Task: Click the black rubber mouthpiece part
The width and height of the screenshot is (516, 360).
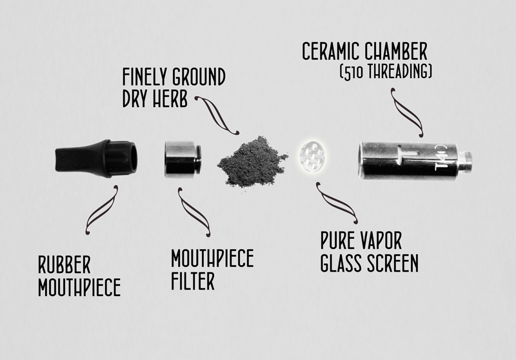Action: (96, 159)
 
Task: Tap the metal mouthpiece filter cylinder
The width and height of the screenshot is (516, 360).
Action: (183, 159)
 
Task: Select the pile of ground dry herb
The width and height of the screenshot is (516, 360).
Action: (252, 162)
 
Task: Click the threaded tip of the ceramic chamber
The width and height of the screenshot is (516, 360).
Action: (466, 161)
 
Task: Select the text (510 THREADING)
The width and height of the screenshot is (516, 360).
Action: (386, 72)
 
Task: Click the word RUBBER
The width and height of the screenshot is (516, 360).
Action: (64, 265)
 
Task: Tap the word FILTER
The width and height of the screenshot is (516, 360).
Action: (193, 281)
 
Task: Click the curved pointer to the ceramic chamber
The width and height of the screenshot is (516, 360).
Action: (406, 112)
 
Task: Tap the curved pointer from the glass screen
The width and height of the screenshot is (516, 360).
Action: (336, 203)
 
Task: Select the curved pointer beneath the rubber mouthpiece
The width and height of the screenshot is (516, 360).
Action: (101, 210)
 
